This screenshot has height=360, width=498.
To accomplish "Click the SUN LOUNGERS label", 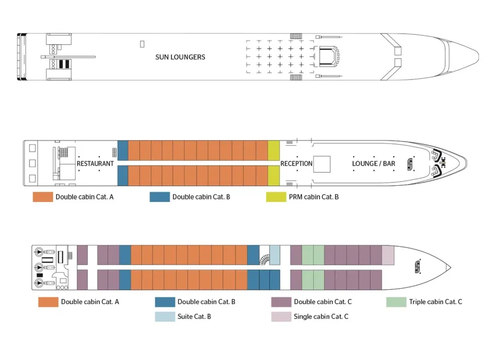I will coord(180,57).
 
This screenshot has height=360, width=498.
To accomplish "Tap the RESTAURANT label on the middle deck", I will coord(95,164).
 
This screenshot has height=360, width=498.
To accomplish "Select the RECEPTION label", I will coord(296,164).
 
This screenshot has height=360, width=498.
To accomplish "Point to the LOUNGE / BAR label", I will coord(374,164).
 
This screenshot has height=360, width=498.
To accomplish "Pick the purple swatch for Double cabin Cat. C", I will coord(281,302).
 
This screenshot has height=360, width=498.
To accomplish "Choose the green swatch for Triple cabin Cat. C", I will coord(396,302).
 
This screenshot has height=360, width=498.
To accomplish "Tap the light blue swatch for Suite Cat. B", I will coord(164,317).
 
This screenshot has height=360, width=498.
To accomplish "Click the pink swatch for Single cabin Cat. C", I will coord(281,317).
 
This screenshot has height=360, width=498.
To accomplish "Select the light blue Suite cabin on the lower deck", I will coord(275,254).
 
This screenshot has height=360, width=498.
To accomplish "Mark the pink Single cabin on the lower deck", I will coord(388,254).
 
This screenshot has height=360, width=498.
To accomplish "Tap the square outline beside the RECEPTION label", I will coord(321,164).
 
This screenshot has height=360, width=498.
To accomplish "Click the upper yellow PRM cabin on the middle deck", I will coord(274,150).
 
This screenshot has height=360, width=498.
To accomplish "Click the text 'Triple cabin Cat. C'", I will coord(435,302).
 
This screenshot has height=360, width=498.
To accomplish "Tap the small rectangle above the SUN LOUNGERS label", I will coord(142,44).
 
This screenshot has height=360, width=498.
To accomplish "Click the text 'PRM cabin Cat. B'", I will coord(314,197).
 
